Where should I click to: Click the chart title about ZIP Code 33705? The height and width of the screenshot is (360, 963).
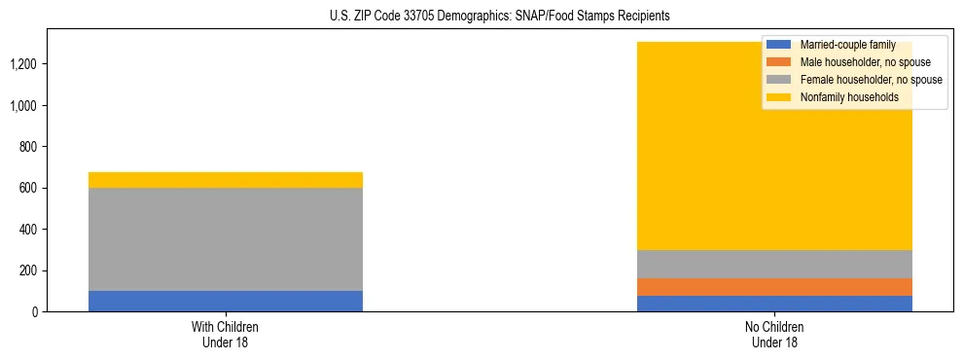[481, 17]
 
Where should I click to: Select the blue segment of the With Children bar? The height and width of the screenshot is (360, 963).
[226, 301]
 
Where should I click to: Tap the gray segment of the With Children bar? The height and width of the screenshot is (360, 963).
[226, 239]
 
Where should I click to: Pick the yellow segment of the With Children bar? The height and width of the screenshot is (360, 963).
[226, 180]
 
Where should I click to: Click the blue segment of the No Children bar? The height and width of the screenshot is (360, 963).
[774, 304]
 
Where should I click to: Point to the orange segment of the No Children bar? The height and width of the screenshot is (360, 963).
[774, 287]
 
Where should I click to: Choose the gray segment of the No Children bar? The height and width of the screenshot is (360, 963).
[774, 265]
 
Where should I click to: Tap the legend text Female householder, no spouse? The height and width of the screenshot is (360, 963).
[871, 80]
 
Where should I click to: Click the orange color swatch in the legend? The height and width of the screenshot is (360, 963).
[779, 62]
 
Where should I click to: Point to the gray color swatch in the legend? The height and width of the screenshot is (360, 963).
[779, 80]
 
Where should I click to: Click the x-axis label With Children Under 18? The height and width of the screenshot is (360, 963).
[226, 335]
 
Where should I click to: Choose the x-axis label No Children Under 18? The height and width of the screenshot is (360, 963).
[774, 335]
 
